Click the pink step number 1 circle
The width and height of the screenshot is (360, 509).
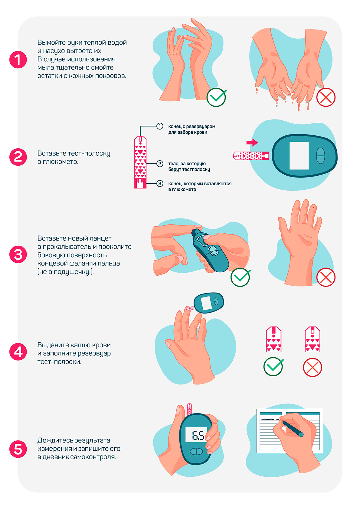point(18,59)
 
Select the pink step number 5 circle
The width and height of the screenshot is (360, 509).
point(18,449)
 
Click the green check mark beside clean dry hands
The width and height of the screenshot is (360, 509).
point(216,97)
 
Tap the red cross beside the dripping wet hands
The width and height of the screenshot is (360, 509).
point(326,97)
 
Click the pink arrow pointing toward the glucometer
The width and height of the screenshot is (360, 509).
point(252,142)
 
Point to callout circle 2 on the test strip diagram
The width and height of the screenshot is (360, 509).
point(160,164)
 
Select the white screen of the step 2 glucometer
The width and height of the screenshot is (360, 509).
point(299,156)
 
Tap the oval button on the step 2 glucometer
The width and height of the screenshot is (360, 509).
point(320,156)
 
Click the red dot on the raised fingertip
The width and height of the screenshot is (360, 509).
point(314,207)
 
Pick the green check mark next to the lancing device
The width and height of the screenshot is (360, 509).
point(240,277)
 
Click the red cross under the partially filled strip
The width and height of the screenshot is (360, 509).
point(312,367)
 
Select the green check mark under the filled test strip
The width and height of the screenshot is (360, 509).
point(273,366)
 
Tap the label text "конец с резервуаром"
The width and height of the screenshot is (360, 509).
point(192,126)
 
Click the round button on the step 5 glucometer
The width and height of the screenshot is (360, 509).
point(196,452)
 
